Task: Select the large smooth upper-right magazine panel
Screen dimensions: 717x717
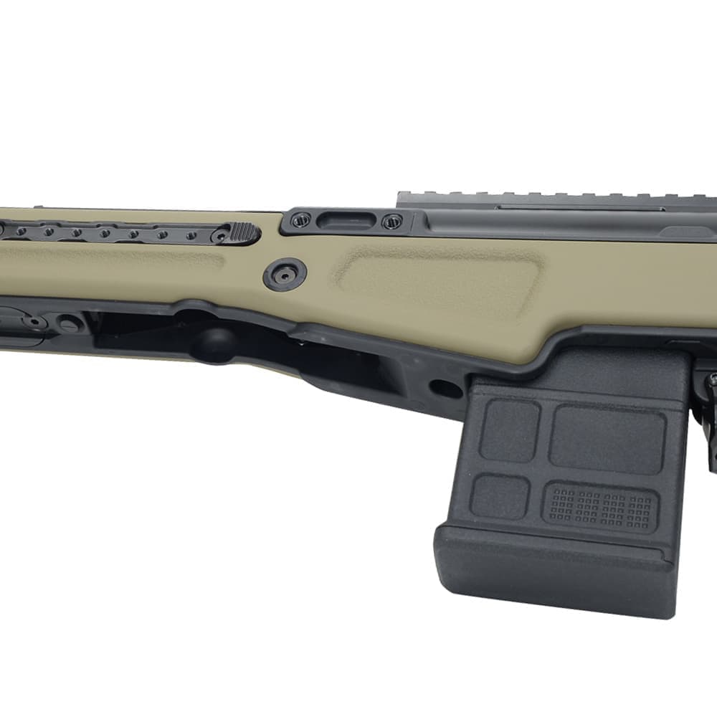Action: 607,439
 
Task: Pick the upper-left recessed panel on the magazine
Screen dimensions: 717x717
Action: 510,429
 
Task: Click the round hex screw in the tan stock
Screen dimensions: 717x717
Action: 285,274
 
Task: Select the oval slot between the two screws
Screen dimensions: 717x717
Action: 343,221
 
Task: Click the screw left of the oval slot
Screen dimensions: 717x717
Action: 301,220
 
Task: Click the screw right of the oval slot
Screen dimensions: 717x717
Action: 391,222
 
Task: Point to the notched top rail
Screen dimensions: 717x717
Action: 552,199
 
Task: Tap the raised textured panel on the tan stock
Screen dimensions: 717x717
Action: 437,283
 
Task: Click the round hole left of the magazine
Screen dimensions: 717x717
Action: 445,388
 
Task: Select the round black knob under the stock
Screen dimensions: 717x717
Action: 212,343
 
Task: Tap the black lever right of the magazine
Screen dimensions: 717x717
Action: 709,416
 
